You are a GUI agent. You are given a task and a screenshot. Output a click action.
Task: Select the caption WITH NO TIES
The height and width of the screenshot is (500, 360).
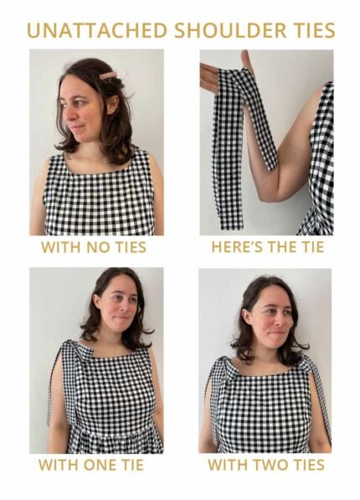(x=94, y=248)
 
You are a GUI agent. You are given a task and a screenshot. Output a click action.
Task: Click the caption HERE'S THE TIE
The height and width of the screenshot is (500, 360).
(x=266, y=248)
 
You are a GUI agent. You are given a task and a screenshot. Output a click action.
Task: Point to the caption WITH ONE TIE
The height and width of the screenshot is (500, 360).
(x=90, y=465)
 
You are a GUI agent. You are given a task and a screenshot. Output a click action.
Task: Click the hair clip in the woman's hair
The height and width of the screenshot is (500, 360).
(x=109, y=75)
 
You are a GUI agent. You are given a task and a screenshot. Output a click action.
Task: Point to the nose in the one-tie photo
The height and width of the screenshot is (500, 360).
(x=126, y=314)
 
